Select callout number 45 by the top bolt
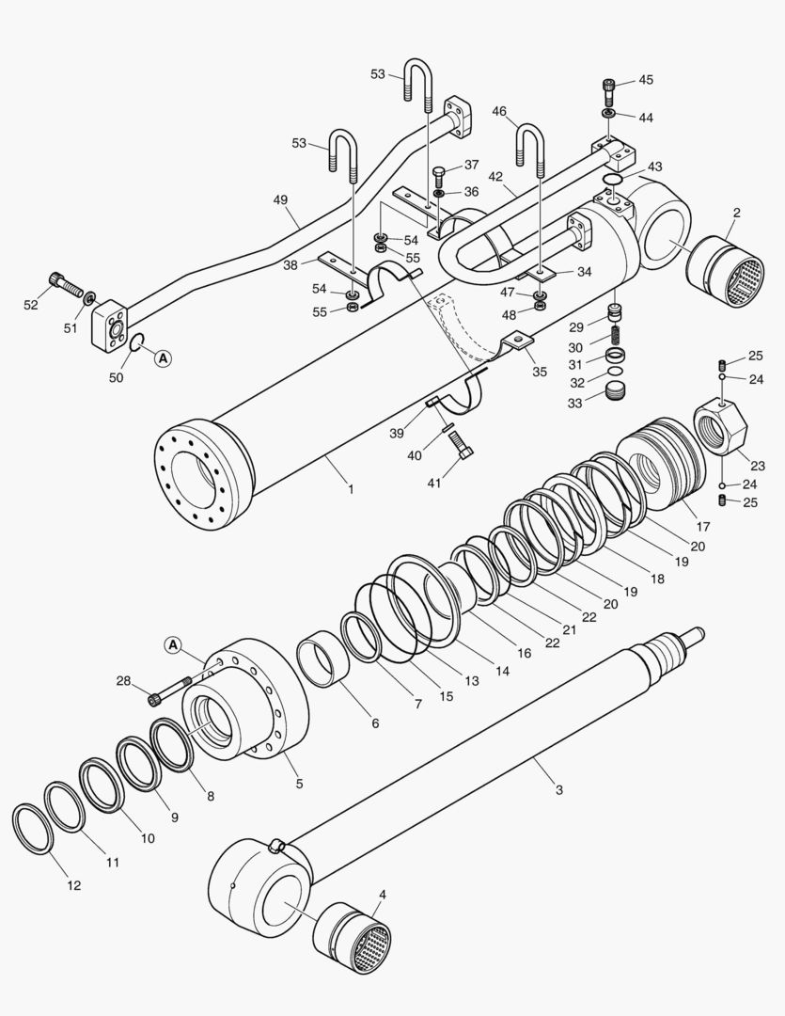[646, 80]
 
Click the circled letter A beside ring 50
[163, 357]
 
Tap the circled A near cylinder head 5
[172, 644]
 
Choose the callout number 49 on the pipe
[280, 200]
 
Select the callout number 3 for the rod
[558, 789]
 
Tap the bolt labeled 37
[438, 175]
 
